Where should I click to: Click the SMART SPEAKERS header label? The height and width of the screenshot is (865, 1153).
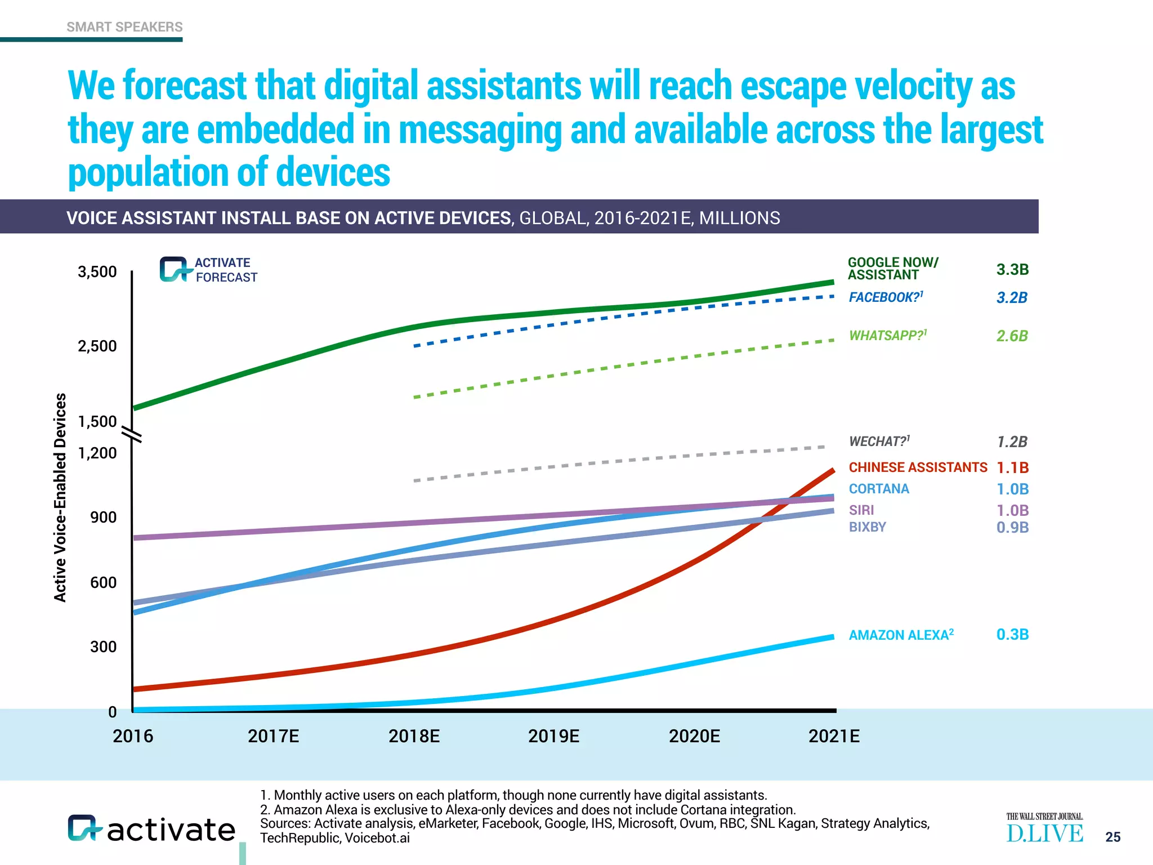pyautogui.click(x=124, y=27)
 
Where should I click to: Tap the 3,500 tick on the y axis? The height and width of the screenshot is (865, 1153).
pyautogui.click(x=97, y=272)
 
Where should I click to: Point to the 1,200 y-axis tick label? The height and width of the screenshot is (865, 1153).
pyautogui.click(x=97, y=453)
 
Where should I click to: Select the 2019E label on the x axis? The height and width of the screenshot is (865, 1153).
pyautogui.click(x=553, y=736)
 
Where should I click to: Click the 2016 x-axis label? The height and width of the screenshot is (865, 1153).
pyautogui.click(x=133, y=736)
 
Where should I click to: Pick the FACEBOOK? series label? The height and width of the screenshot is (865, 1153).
pyautogui.click(x=886, y=297)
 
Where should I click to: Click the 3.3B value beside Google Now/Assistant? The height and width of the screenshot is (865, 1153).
pyautogui.click(x=1012, y=270)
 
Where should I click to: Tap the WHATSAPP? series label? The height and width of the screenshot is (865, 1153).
pyautogui.click(x=887, y=336)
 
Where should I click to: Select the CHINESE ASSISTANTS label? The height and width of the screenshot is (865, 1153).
pyautogui.click(x=918, y=467)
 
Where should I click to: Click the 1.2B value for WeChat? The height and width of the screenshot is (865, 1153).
pyautogui.click(x=1012, y=442)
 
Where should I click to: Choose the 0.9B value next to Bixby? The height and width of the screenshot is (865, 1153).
pyautogui.click(x=1012, y=528)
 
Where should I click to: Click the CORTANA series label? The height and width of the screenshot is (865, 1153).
pyautogui.click(x=879, y=489)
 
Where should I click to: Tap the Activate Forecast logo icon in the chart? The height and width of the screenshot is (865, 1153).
pyautogui.click(x=173, y=270)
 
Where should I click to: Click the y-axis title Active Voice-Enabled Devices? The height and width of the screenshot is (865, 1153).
pyautogui.click(x=60, y=497)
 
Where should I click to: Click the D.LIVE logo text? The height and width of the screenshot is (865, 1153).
pyautogui.click(x=1044, y=833)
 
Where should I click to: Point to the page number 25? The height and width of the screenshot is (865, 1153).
pyautogui.click(x=1112, y=837)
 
